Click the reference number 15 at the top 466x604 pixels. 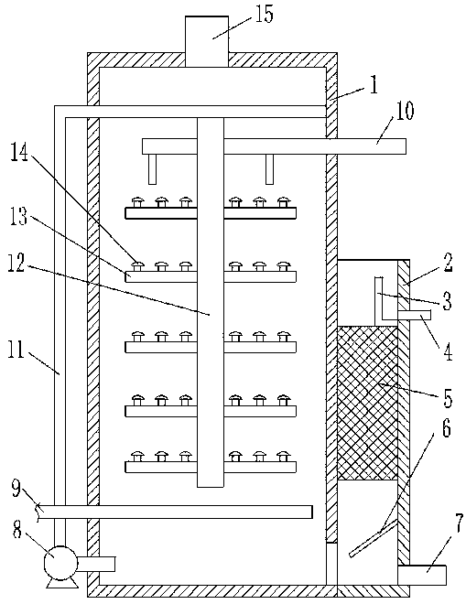264,15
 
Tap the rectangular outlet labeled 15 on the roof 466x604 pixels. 207,41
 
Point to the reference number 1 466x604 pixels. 374,85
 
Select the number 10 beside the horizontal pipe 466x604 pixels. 404,111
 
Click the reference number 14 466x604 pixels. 19,151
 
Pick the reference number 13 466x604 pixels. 18,217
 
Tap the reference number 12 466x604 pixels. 16,263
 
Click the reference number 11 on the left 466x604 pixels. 16,351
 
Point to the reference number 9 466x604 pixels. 16,489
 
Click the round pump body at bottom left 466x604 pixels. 60,563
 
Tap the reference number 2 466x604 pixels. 447,262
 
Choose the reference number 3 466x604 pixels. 447,301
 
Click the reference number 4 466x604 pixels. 448,351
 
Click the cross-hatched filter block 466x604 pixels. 367,403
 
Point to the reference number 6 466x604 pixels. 446,428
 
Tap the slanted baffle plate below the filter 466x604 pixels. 373,538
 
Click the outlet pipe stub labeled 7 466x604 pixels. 422,576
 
